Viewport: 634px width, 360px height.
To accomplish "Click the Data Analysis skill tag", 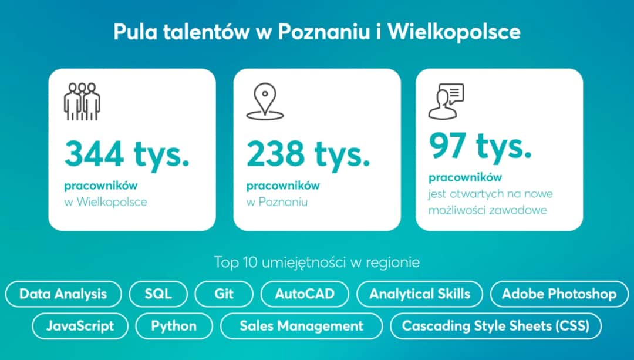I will (x=63, y=294).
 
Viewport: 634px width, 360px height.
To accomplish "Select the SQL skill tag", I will (x=158, y=294).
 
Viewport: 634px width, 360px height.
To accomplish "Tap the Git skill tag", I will (x=224, y=294).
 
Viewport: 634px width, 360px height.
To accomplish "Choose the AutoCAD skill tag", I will (x=305, y=294).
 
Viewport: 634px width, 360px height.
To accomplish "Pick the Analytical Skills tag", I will (x=420, y=294).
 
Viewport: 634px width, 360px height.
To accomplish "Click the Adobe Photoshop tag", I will (x=559, y=294).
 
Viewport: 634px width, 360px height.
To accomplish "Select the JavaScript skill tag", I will (x=80, y=326).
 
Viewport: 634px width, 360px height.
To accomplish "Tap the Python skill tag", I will (x=174, y=326).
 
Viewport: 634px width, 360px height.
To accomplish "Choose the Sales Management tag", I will (x=301, y=326).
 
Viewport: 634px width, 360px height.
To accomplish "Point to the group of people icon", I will (x=82, y=102).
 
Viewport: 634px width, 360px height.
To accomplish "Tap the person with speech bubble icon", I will (x=446, y=100).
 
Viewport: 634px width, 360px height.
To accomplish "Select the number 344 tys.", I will (x=127, y=154).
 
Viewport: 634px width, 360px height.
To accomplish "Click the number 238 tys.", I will (x=309, y=154).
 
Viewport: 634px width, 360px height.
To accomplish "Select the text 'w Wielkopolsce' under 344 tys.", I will (x=106, y=202).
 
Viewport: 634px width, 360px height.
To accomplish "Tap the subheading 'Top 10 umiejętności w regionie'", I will (x=317, y=262).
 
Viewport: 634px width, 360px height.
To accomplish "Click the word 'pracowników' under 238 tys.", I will (x=283, y=186).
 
